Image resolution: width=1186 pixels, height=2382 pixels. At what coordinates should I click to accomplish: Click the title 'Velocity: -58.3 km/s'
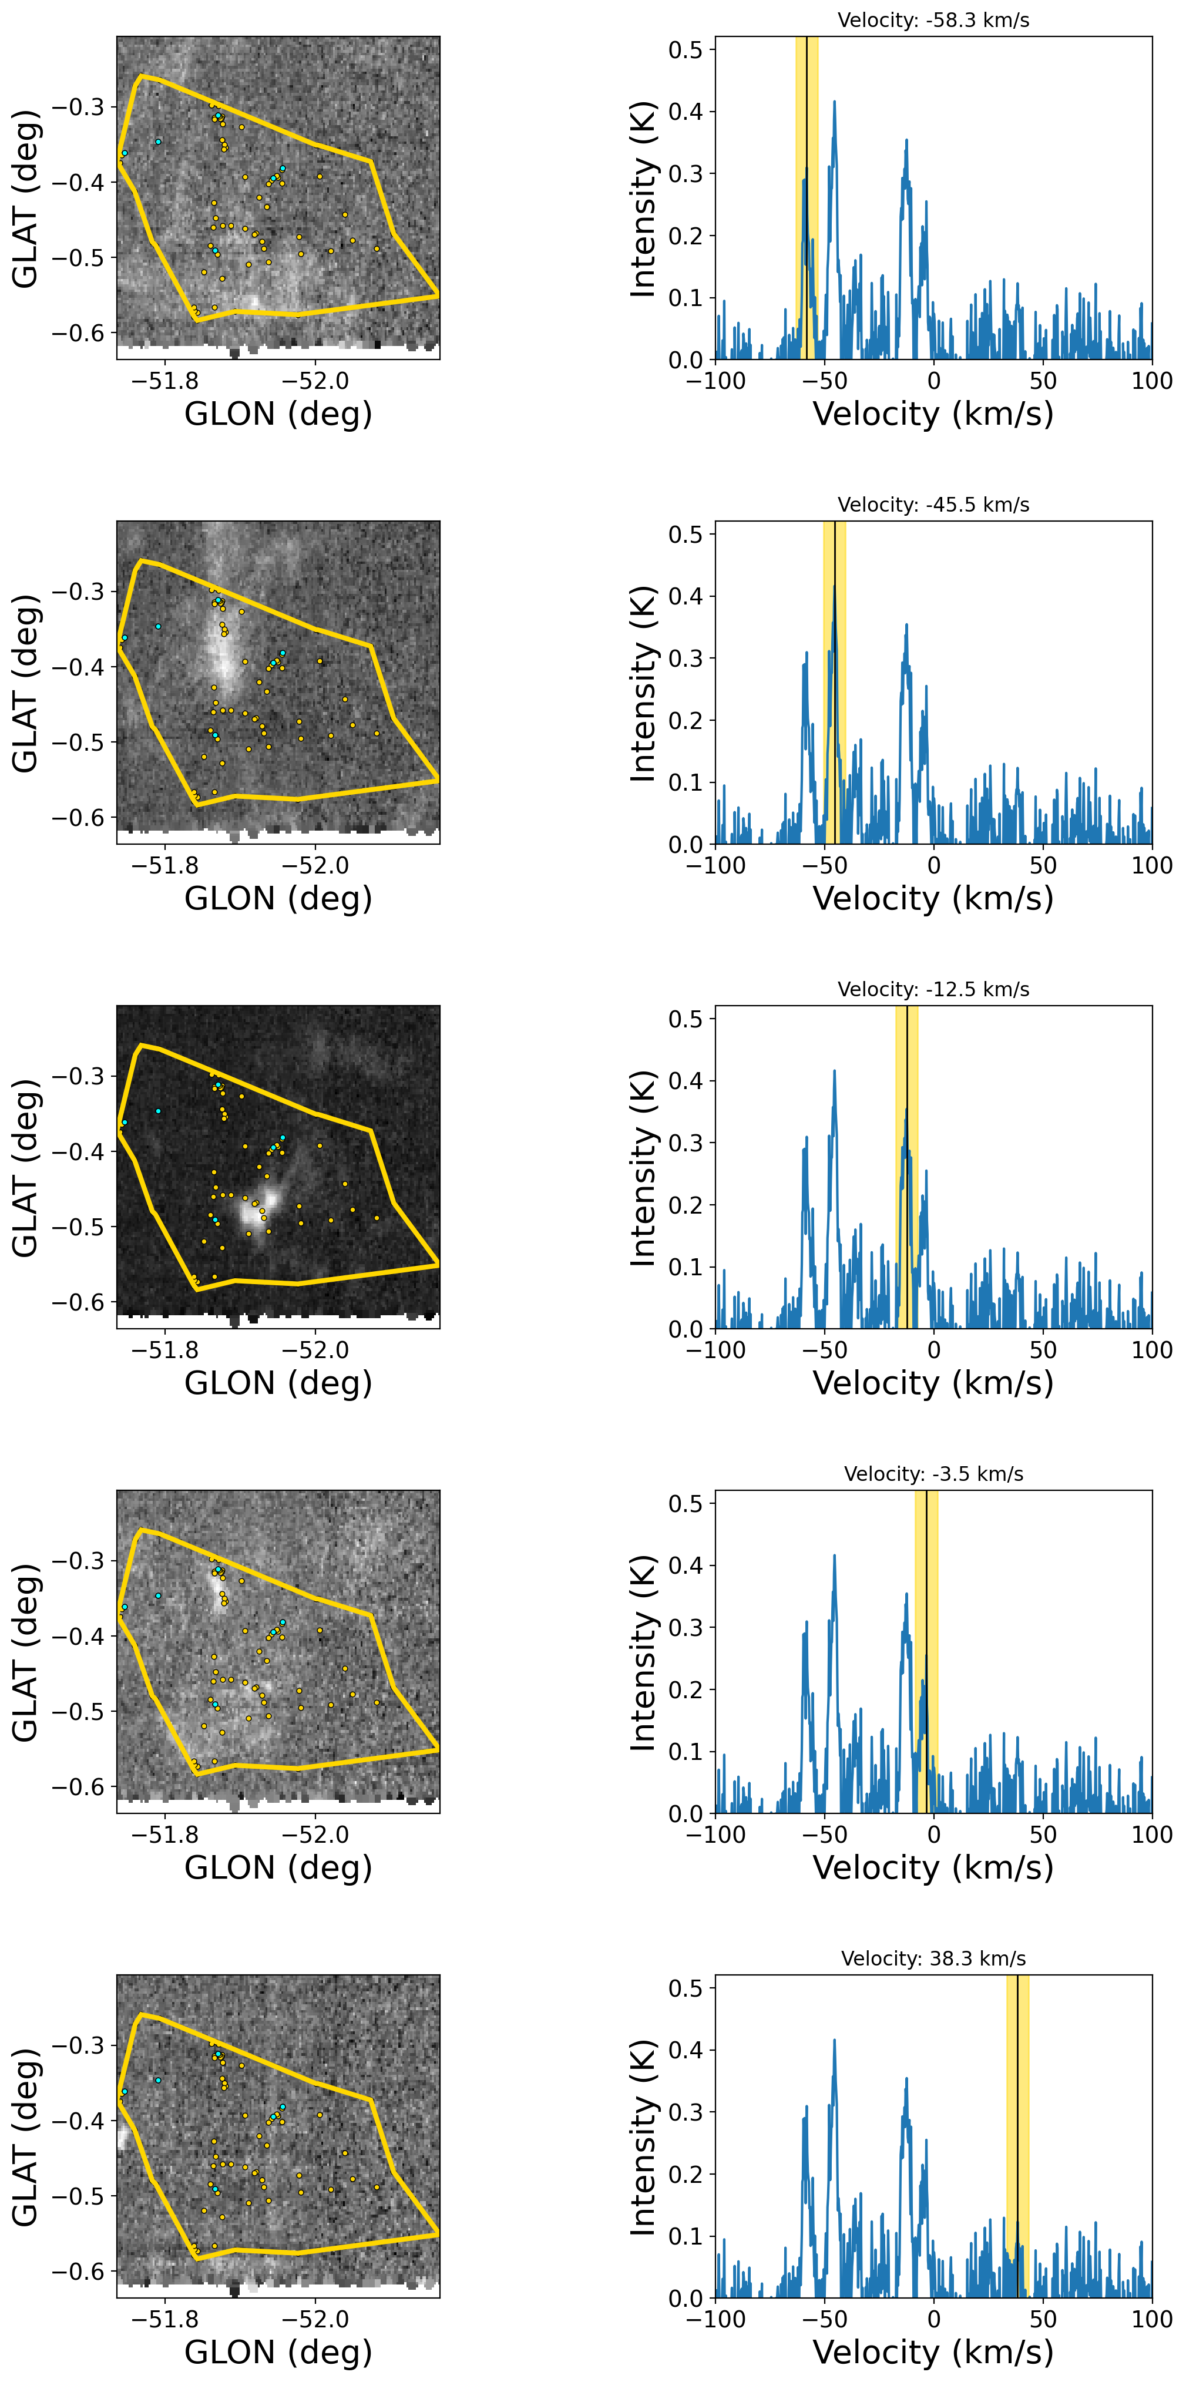coord(933,21)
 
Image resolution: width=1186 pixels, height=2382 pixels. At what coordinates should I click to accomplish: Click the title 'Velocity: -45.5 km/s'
coord(933,505)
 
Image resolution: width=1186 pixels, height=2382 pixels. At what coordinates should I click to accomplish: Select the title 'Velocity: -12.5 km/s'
coord(933,989)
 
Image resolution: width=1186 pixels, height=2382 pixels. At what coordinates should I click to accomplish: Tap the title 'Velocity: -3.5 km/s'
coord(933,1474)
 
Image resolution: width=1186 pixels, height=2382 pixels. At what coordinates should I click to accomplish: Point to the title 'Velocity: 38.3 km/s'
coord(933,1958)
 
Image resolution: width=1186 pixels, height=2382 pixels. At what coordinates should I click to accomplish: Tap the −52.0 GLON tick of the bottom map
coord(315,2319)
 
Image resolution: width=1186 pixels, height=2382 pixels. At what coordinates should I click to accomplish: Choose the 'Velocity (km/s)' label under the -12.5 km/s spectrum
coord(933,1383)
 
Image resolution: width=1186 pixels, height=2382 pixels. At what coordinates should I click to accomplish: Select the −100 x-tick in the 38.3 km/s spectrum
coord(715,2319)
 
